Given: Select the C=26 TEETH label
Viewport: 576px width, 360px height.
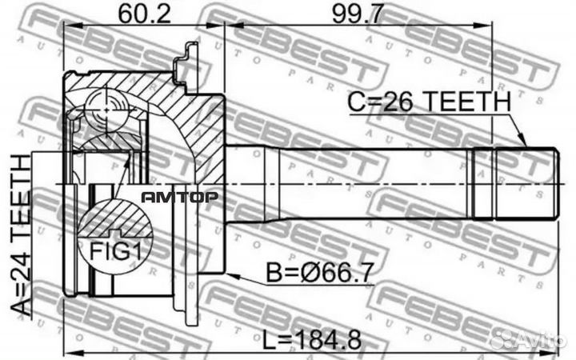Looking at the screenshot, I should pyautogui.click(x=429, y=103).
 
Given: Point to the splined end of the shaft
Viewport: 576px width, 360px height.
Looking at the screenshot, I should pyautogui.click(x=515, y=183).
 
